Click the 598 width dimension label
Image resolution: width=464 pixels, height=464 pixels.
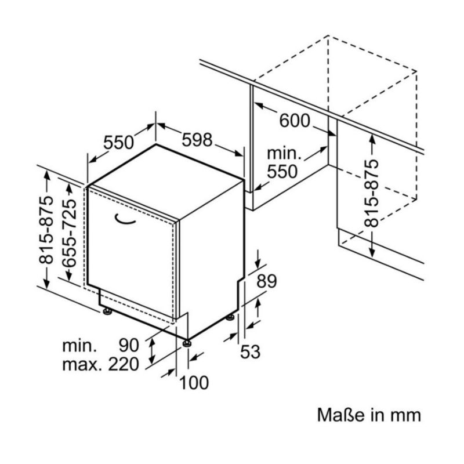(197, 140)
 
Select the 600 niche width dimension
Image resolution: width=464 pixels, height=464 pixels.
(295, 121)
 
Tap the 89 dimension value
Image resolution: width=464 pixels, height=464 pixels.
(267, 281)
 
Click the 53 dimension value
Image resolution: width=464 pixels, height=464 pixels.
(251, 352)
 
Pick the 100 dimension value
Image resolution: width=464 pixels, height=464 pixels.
(194, 383)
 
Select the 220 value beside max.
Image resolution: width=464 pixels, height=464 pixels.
(124, 364)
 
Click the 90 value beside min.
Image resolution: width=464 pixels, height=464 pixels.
(129, 345)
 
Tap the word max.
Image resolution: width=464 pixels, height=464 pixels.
(82, 365)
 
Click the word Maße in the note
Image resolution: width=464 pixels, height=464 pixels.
(340, 415)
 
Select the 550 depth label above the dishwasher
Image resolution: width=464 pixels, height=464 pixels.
(119, 142)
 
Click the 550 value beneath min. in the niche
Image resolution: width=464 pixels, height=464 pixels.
(282, 172)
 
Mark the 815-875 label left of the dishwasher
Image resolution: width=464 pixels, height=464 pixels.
(46, 229)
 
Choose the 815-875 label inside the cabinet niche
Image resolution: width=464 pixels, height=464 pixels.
(371, 194)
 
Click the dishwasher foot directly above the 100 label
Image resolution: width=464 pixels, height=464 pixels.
(187, 343)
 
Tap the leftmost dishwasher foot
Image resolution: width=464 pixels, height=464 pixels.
(107, 311)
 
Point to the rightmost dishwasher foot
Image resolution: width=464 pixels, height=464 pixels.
(230, 317)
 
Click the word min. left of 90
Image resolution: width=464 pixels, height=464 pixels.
(79, 345)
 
